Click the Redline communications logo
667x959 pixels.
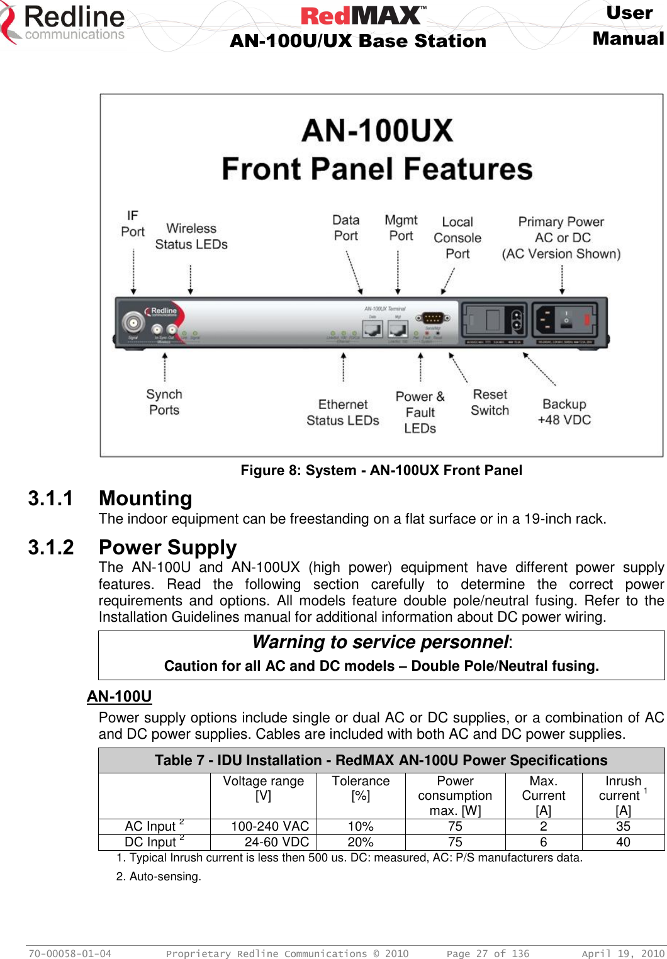click(x=63, y=24)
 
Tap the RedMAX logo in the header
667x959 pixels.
click(x=363, y=15)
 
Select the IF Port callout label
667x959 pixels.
click(x=133, y=224)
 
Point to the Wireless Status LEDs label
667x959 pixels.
click(x=191, y=236)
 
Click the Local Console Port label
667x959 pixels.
click(x=457, y=238)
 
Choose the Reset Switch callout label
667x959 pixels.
click(x=490, y=402)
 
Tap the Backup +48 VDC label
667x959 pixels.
click(x=564, y=412)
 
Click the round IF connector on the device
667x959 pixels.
click(x=133, y=323)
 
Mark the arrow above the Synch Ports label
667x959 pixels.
click(x=165, y=367)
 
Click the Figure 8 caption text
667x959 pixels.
click(x=381, y=470)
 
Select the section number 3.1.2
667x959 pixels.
click(x=50, y=547)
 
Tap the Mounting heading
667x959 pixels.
click(x=145, y=498)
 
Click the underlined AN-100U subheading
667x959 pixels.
click(x=120, y=696)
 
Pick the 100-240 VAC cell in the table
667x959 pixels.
click(x=270, y=826)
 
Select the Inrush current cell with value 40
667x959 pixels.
click(x=623, y=842)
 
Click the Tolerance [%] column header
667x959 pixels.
click(x=361, y=788)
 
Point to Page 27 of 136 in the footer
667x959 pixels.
click(x=488, y=953)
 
